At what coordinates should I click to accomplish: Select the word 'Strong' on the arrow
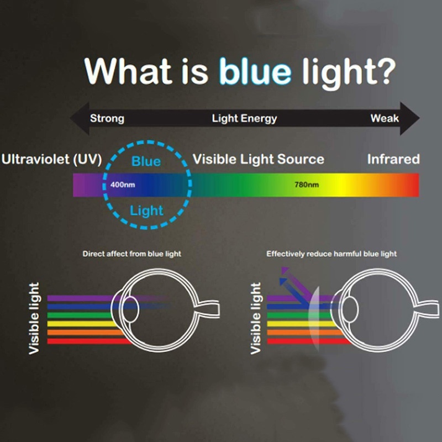(107, 118)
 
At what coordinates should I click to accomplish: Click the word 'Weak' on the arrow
(385, 118)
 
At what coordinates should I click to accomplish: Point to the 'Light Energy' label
(244, 118)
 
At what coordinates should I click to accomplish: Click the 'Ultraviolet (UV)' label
(51, 160)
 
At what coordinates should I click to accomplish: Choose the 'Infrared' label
(393, 160)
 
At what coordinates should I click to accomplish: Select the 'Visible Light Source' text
(258, 160)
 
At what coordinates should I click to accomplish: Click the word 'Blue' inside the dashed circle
(146, 161)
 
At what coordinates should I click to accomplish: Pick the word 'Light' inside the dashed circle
(146, 211)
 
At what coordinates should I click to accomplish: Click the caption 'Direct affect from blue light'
(131, 254)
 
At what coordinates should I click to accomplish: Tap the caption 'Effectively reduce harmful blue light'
(331, 254)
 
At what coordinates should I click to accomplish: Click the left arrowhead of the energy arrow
(77, 118)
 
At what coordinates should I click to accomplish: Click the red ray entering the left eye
(83, 341)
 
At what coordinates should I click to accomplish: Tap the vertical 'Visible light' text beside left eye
(34, 318)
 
